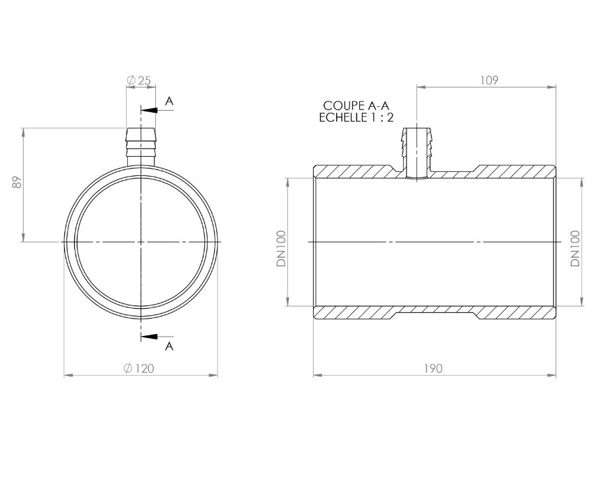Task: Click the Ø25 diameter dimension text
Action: pos(139,80)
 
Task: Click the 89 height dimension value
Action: pos(19,182)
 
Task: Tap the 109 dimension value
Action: pos(489,80)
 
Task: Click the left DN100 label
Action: pos(282,248)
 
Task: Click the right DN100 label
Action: pos(575,248)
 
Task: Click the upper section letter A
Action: pos(169,101)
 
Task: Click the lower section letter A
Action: pos(169,347)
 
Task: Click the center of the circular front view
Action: pos(141,242)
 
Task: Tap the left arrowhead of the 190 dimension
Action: pos(316,376)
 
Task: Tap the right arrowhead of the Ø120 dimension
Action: pos(214,376)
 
